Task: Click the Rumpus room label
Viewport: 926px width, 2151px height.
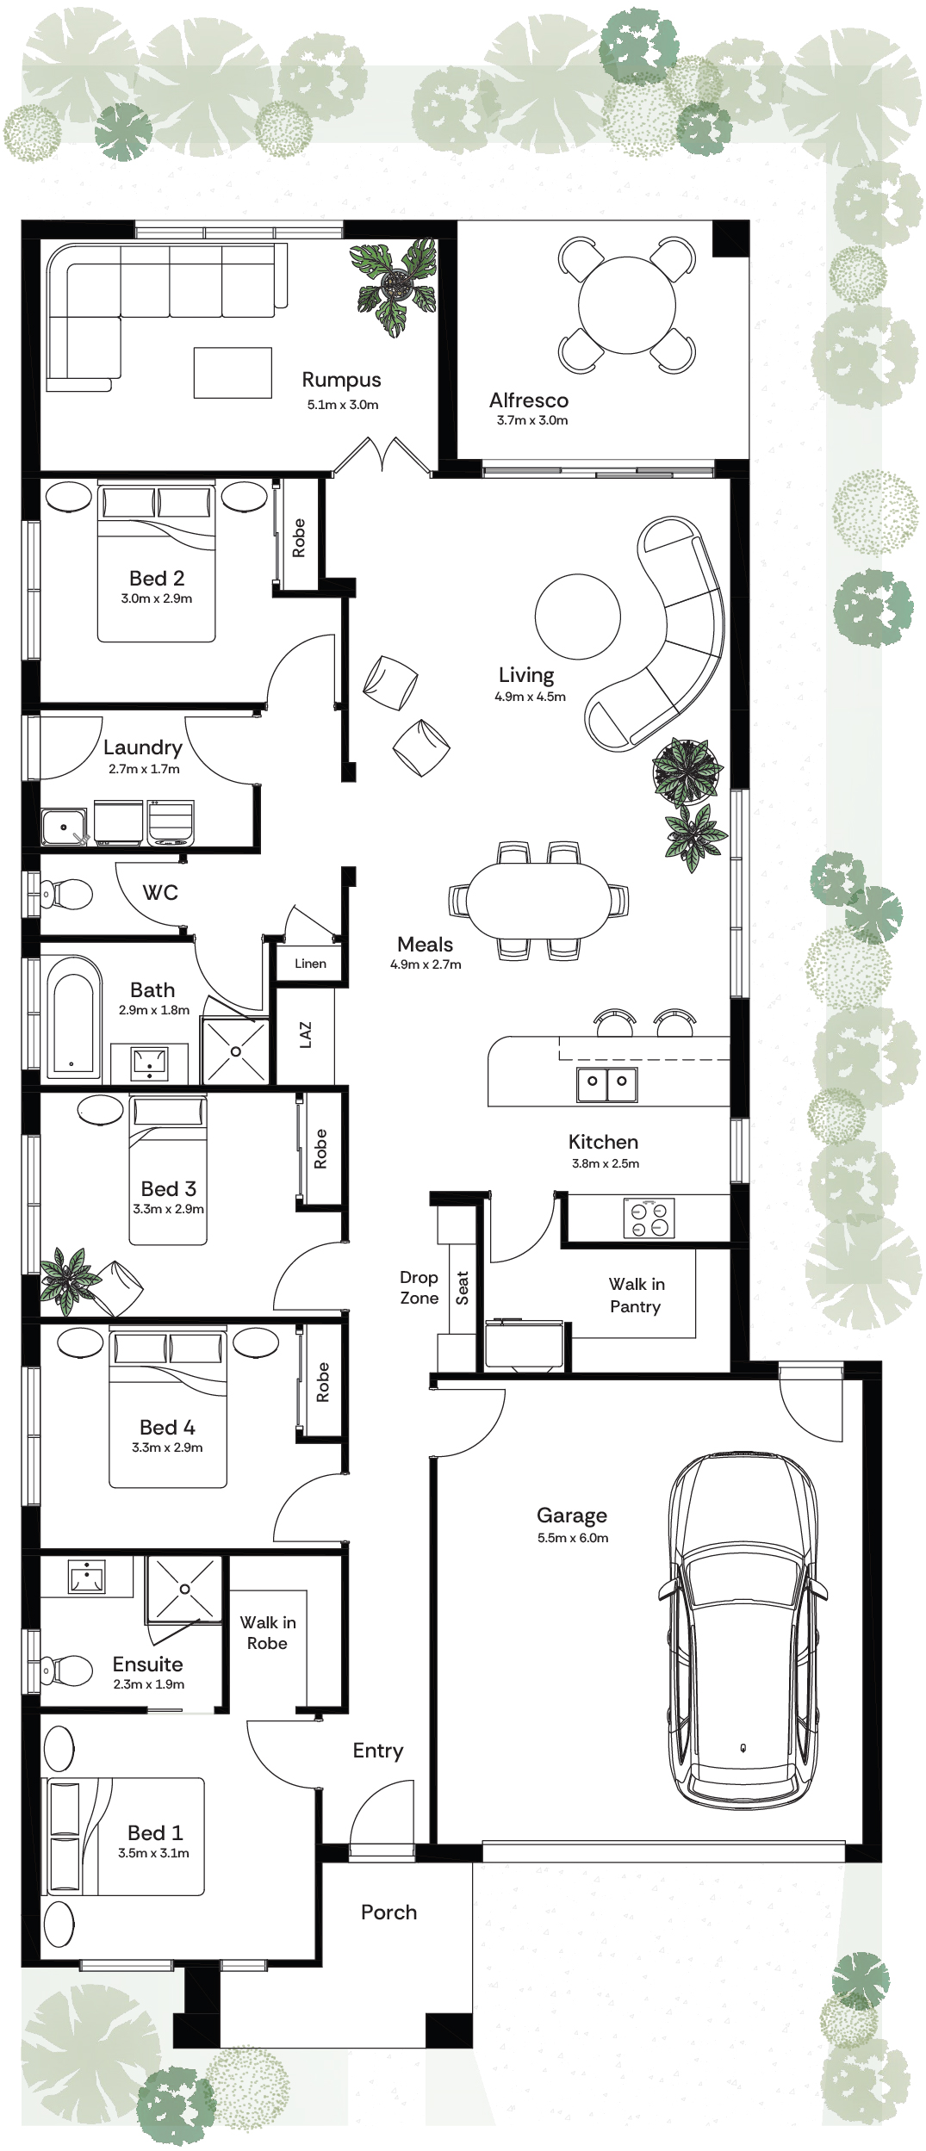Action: [341, 380]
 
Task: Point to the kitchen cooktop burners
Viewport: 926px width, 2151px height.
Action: [649, 1218]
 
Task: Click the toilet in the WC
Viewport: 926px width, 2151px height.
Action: [64, 893]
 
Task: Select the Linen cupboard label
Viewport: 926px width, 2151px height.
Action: [310, 963]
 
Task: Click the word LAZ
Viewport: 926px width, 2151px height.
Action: [306, 1034]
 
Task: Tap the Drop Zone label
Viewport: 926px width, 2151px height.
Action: [419, 1287]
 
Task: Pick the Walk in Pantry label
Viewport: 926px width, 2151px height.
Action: [637, 1295]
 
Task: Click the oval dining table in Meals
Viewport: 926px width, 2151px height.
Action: [538, 900]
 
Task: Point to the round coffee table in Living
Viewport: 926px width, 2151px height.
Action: [577, 617]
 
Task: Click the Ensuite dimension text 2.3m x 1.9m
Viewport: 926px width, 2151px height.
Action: [149, 1684]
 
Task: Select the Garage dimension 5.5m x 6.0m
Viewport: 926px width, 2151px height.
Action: [573, 1538]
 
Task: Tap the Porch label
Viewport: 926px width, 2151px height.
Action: [388, 1912]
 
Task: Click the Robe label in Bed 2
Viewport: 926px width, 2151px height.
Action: [299, 537]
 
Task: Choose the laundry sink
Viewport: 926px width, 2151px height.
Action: [65, 827]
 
